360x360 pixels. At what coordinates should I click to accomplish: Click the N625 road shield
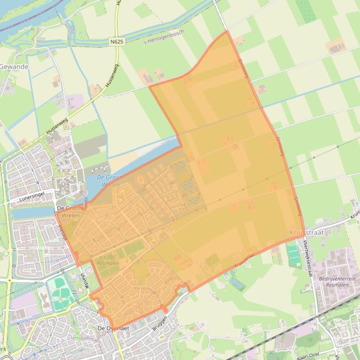click(x=117, y=42)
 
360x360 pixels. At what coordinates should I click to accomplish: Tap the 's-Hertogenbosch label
click(x=164, y=37)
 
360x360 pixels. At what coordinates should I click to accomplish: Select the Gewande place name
click(x=14, y=67)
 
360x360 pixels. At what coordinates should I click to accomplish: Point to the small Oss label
click(x=72, y=29)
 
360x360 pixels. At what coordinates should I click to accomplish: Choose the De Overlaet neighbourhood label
click(x=113, y=329)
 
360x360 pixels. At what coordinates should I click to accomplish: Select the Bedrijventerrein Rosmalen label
click(x=337, y=281)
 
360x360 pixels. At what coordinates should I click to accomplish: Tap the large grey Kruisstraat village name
click(x=307, y=232)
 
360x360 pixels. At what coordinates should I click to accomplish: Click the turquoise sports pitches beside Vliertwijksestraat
click(x=294, y=256)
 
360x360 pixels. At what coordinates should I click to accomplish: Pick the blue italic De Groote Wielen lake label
click(x=110, y=180)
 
